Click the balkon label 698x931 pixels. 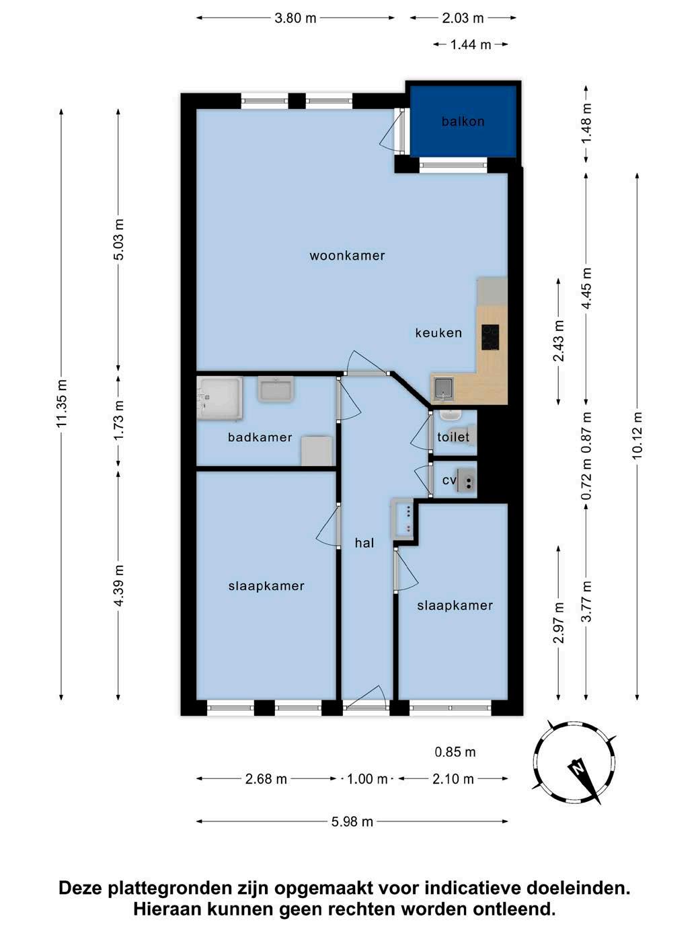click(463, 122)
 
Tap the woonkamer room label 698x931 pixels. click(347, 256)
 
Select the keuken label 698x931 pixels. click(438, 333)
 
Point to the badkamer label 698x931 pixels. click(260, 437)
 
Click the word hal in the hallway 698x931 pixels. click(364, 543)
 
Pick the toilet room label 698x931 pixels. click(453, 437)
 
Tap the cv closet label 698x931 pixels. click(449, 480)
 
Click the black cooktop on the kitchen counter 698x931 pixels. click(490, 338)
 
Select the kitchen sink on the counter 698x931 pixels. click(444, 389)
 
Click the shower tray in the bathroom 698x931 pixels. click(219, 399)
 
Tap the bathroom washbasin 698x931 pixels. click(276, 389)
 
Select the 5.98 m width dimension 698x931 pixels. click(352, 821)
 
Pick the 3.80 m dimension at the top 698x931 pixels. click(295, 18)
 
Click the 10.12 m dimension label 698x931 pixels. click(637, 435)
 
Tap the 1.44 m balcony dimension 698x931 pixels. click(471, 44)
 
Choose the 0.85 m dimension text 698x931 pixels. click(455, 752)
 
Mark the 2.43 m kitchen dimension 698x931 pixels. click(559, 340)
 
